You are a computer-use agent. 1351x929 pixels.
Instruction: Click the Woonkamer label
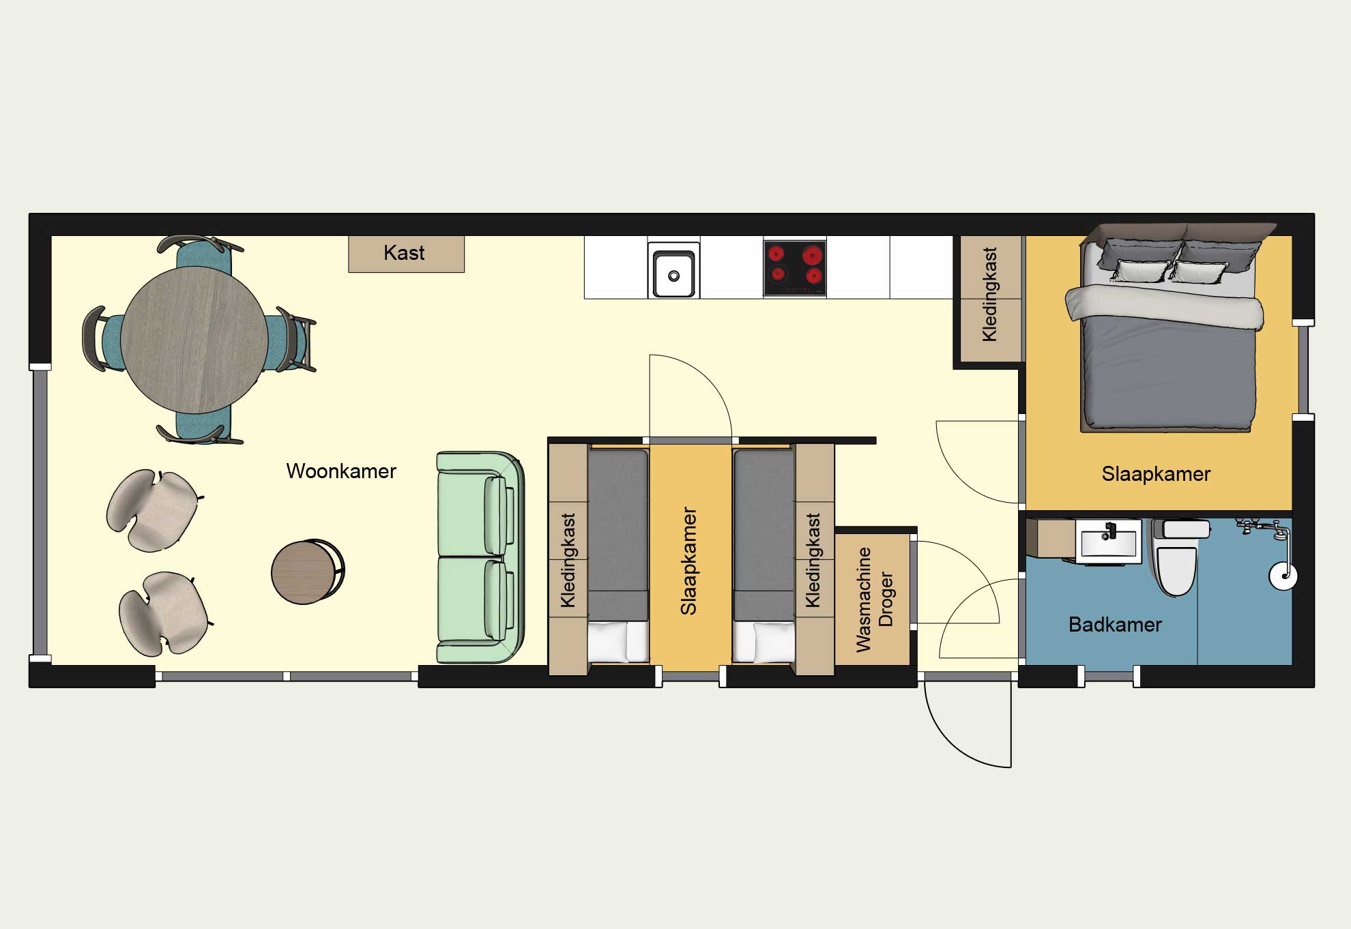(341, 471)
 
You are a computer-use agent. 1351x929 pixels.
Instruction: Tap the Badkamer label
(1115, 625)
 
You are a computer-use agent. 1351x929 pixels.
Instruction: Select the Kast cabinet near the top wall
(407, 254)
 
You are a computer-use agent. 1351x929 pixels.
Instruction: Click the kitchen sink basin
(673, 274)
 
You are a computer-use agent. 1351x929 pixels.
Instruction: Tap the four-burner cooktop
(794, 268)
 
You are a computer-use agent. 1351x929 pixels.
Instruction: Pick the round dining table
(194, 340)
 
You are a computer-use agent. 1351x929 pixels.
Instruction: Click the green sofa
(480, 557)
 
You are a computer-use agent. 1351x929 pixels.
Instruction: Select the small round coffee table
(307, 572)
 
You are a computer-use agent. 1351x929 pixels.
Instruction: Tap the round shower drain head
(1283, 576)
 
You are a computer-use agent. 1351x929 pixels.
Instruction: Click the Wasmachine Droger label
(874, 599)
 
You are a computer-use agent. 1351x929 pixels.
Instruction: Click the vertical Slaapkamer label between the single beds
(688, 561)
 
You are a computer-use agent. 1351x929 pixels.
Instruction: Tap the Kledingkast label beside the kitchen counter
(989, 294)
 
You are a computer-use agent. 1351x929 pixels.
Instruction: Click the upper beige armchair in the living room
(153, 510)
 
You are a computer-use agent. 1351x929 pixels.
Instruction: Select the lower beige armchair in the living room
(164, 613)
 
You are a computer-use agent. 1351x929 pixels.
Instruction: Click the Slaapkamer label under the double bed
(1156, 474)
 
